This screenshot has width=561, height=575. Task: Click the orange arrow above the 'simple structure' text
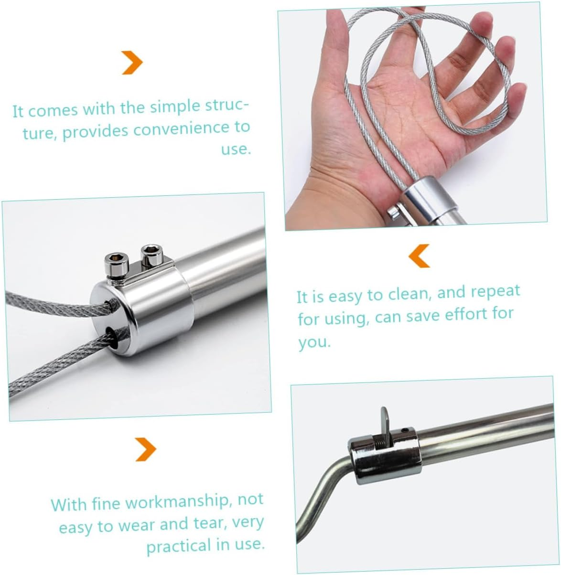click(132, 63)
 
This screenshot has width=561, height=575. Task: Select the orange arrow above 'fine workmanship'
click(146, 449)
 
